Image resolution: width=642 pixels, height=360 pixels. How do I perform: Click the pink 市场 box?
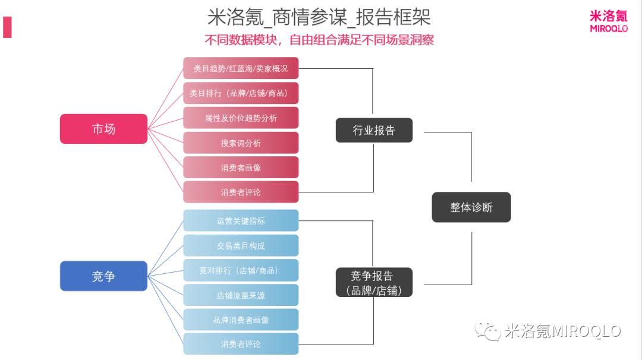click(103, 129)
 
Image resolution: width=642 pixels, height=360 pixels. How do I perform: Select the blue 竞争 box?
click(103, 276)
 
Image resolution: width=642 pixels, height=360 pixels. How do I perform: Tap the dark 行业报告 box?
click(374, 130)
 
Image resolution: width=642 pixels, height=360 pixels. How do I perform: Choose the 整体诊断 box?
click(471, 207)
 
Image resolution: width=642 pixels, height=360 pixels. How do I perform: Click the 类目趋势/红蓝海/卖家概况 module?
click(240, 68)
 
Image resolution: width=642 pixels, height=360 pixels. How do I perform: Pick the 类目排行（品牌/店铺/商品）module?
click(240, 93)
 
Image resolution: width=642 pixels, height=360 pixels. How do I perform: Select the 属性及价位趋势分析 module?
click(240, 118)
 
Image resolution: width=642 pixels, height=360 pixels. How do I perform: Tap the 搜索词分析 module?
click(240, 143)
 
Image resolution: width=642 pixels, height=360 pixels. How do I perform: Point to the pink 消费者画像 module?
click(240, 168)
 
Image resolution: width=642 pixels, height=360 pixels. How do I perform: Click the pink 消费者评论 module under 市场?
click(240, 192)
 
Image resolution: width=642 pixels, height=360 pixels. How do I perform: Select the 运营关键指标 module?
click(240, 220)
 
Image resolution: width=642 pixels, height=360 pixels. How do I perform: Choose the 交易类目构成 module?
click(240, 245)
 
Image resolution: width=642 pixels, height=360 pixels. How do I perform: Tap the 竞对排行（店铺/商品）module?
click(240, 270)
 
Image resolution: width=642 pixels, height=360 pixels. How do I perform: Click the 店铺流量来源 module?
click(240, 295)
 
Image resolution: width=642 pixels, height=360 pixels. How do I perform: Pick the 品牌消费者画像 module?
click(240, 320)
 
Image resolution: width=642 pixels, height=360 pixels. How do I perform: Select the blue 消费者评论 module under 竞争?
click(240, 344)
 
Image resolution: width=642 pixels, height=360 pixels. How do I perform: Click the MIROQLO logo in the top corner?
click(608, 21)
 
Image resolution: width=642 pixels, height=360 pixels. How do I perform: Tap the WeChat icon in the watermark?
click(487, 331)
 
